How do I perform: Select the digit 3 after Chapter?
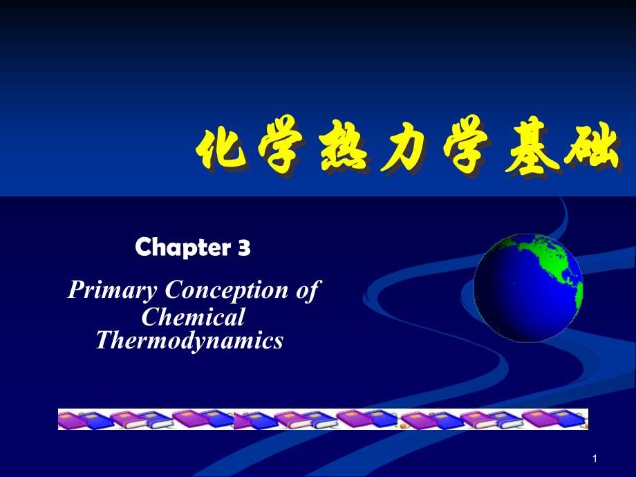click(x=243, y=247)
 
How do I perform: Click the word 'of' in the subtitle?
click(x=308, y=290)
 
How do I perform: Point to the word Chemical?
click(x=193, y=317)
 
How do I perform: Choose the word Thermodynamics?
click(x=189, y=340)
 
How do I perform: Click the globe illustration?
click(x=529, y=287)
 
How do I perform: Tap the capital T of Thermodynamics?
click(x=102, y=340)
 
